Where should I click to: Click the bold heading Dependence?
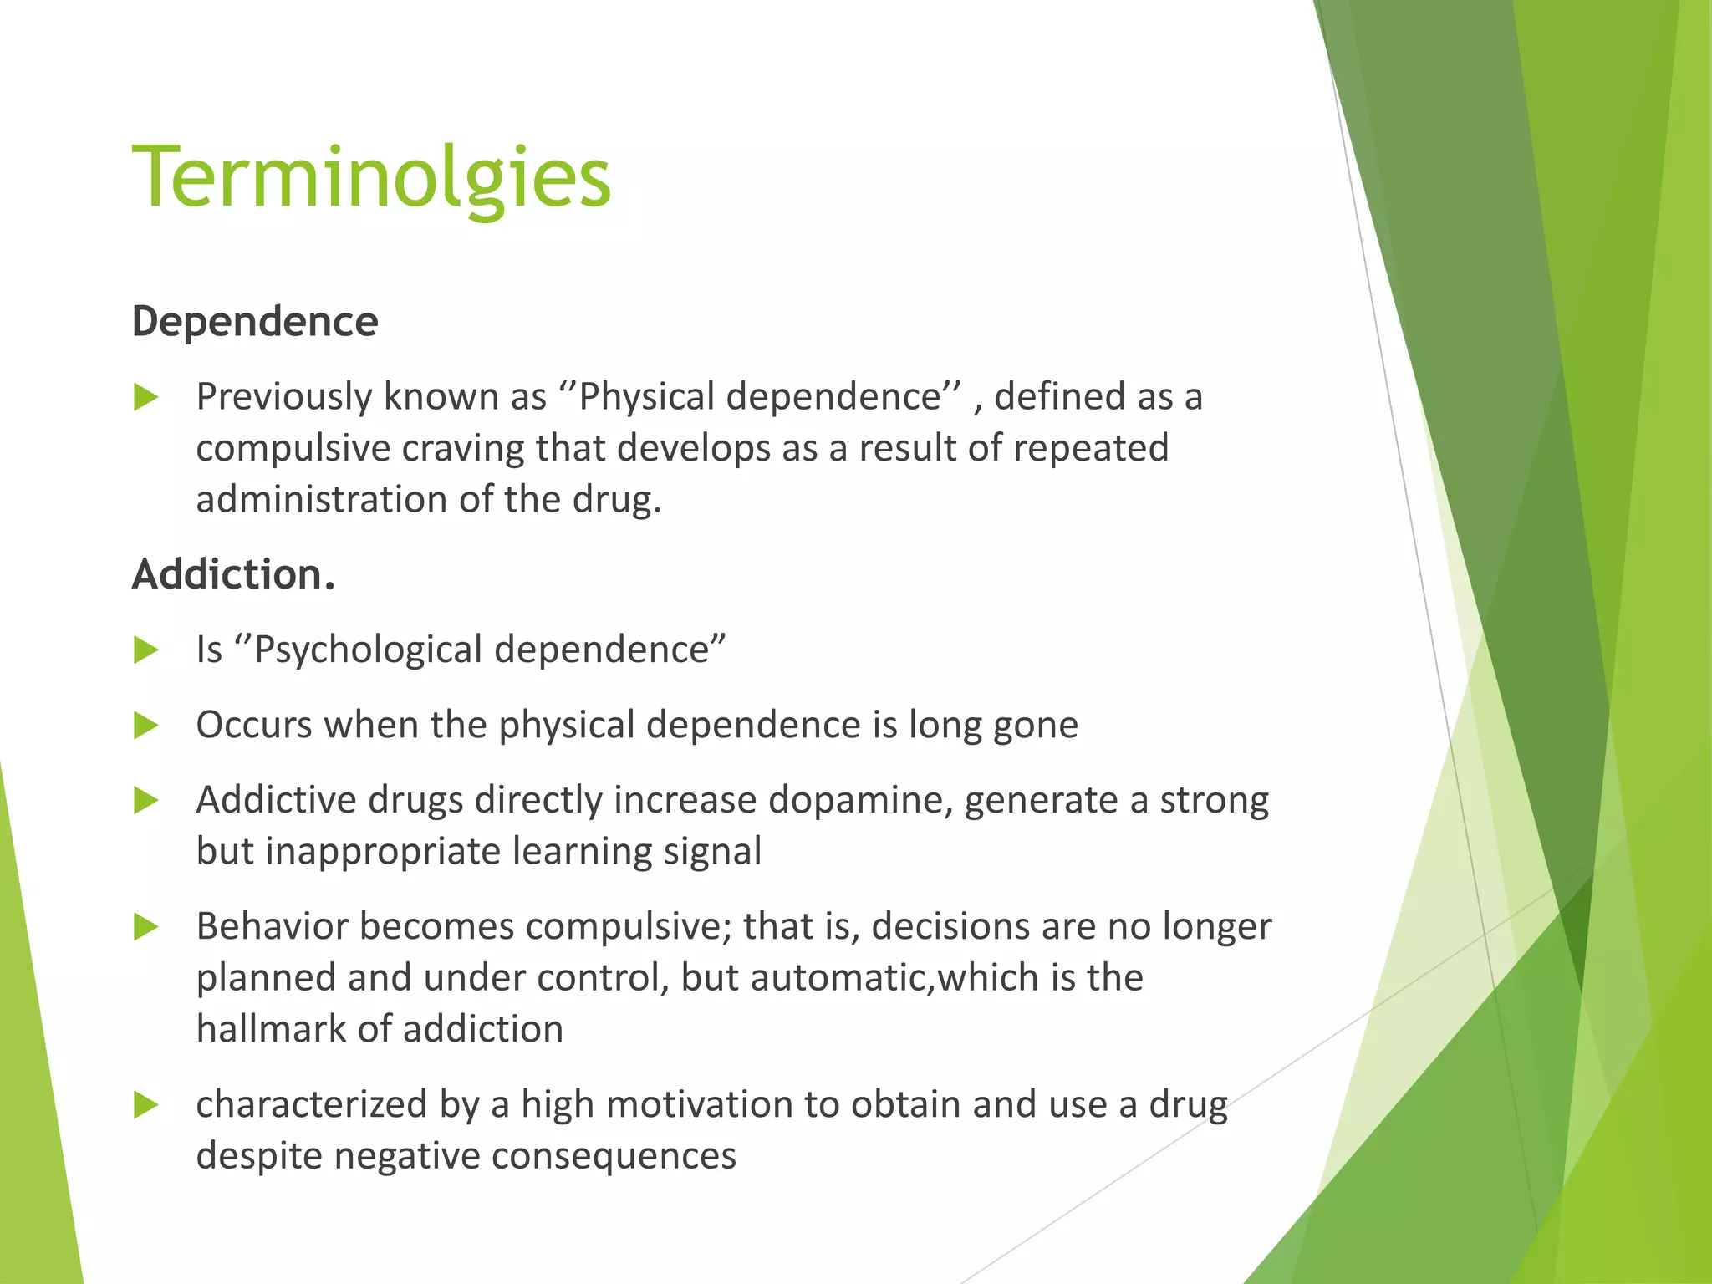click(x=255, y=322)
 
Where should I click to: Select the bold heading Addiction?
click(x=233, y=575)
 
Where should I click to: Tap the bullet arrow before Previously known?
click(x=146, y=398)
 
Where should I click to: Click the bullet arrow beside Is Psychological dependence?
click(x=146, y=650)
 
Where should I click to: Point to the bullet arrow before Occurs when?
click(x=146, y=726)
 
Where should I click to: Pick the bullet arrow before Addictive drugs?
click(x=146, y=801)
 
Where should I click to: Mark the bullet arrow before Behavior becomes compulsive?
click(x=146, y=927)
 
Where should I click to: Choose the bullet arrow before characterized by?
click(x=146, y=1105)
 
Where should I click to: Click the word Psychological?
click(x=368, y=650)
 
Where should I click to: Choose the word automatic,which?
click(x=894, y=978)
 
